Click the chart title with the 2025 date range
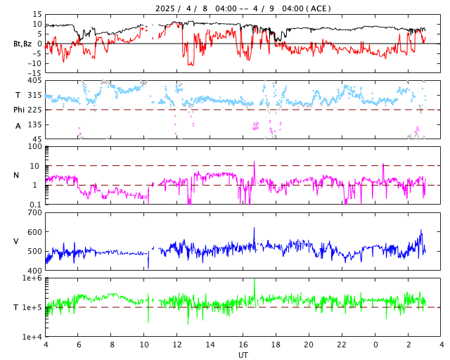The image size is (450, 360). coord(243,8)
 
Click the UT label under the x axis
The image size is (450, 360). coord(243,355)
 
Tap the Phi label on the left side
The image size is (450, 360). coord(20,110)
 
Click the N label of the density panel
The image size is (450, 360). coord(17,175)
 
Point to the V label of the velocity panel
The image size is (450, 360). coord(17,241)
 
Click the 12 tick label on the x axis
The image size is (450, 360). coord(177,345)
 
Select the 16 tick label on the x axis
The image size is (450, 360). coord(243,345)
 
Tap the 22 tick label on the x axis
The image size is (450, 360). coord(342,345)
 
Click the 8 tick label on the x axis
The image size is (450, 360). coord(111,345)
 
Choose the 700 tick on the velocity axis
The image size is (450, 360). coord(34,212)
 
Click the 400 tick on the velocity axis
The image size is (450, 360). coord(34,271)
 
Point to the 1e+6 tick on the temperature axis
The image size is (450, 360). coord(32,278)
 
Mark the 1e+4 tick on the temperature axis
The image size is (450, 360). coord(32,337)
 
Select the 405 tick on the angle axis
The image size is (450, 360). coord(34,81)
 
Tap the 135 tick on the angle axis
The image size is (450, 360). coord(34,124)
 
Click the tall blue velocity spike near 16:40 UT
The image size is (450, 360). coord(255,229)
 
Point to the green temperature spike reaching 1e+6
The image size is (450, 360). coord(255,281)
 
